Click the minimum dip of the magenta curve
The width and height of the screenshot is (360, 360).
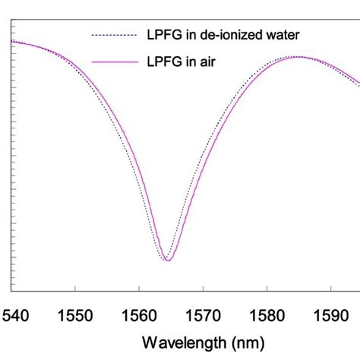[x=169, y=261]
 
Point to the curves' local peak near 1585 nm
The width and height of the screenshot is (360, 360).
[x=300, y=57]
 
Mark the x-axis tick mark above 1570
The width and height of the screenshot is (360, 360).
[x=203, y=287]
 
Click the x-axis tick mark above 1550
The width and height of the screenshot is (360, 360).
[x=75, y=287]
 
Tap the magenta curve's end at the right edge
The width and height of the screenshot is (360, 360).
[x=358, y=81]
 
